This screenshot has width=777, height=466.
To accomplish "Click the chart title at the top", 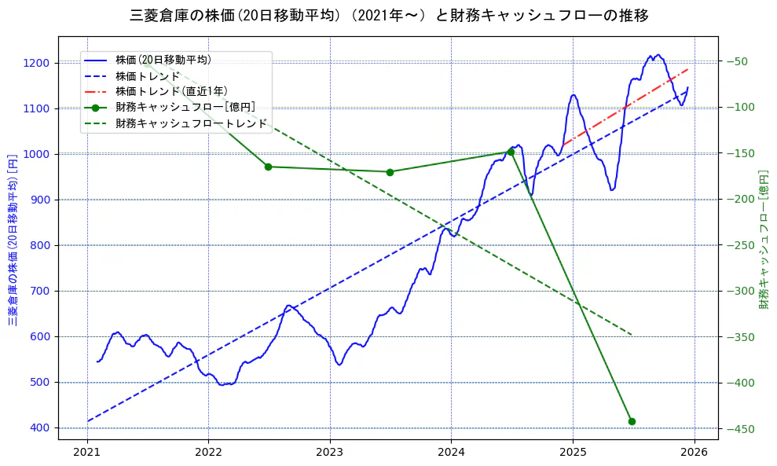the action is pyautogui.click(x=388, y=15).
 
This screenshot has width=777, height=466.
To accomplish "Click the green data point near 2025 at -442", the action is pyautogui.click(x=632, y=421).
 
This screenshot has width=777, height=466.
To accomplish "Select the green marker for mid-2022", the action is pyautogui.click(x=268, y=167).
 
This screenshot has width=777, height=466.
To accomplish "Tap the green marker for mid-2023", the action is pyautogui.click(x=390, y=172).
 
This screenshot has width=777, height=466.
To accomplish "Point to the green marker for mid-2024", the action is pyautogui.click(x=511, y=152).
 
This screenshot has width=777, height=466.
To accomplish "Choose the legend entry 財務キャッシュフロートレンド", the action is pyautogui.click(x=191, y=123).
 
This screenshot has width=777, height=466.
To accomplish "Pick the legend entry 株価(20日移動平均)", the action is pyautogui.click(x=163, y=60).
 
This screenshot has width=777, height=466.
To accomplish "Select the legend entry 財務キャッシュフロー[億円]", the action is pyautogui.click(x=185, y=108).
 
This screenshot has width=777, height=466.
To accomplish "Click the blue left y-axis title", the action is pyautogui.click(x=13, y=237).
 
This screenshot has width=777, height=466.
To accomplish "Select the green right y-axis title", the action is pyautogui.click(x=764, y=237).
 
